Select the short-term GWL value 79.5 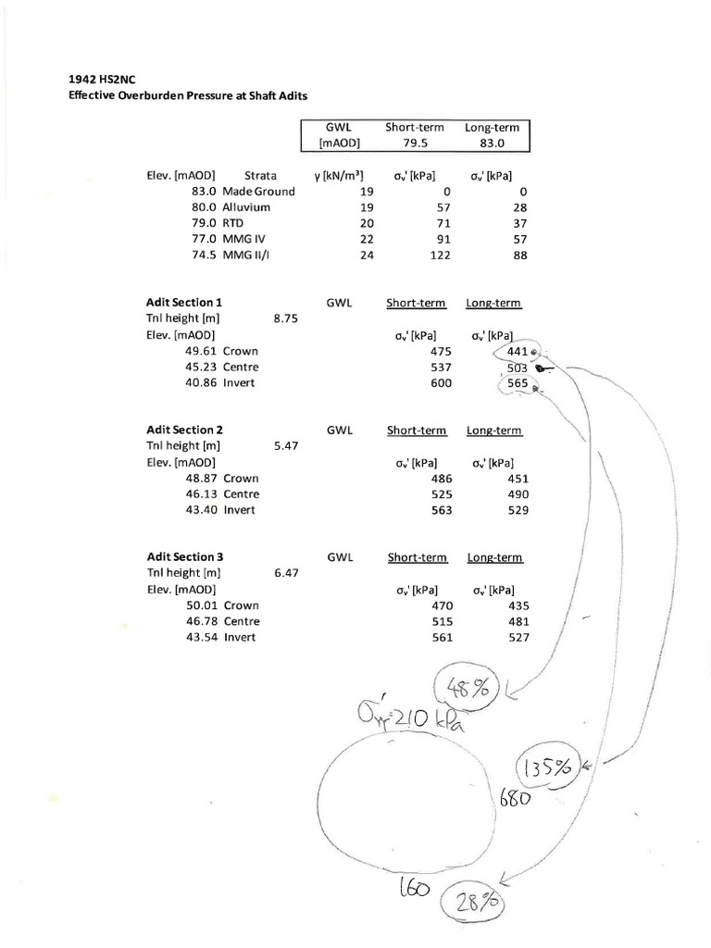(415, 143)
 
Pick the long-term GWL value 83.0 (493, 143)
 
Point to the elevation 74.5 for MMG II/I (204, 256)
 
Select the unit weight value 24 (367, 256)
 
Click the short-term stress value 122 (440, 256)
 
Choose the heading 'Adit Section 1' (184, 302)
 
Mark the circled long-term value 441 (516, 352)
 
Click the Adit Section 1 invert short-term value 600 (441, 383)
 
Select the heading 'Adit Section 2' (184, 430)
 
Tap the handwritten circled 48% (466, 686)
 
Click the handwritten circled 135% (548, 767)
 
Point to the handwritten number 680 (515, 797)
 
